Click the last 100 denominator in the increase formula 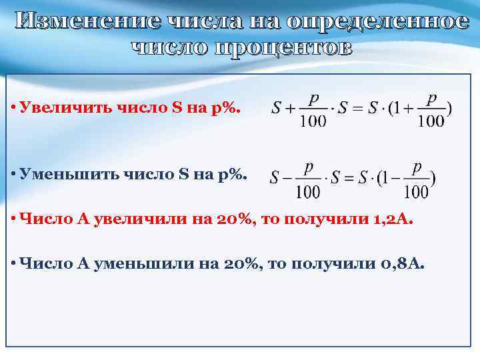tap(431, 121)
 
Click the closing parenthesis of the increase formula tap(449, 109)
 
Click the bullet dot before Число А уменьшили tap(13, 265)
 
